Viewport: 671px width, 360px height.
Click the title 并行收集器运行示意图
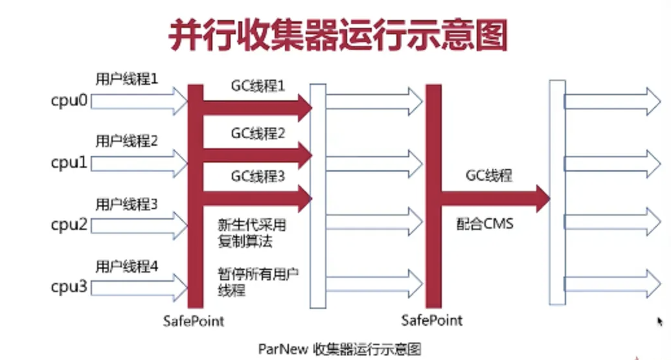tap(338, 36)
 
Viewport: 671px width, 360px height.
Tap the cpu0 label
tap(69, 102)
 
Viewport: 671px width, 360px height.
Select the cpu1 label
tap(69, 163)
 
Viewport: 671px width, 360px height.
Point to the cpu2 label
tap(69, 225)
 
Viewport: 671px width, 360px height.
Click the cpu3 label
tap(69, 286)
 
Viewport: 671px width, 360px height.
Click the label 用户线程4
tap(127, 265)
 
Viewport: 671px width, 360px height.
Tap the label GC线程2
tap(258, 133)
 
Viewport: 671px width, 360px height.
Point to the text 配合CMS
tap(483, 224)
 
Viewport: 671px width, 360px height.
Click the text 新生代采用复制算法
tap(252, 234)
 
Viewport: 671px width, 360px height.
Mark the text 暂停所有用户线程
tap(257, 282)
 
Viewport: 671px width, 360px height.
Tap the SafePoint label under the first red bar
tap(193, 321)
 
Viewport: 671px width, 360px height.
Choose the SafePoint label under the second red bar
tap(432, 321)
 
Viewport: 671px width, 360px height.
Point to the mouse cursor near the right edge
tap(659, 322)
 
